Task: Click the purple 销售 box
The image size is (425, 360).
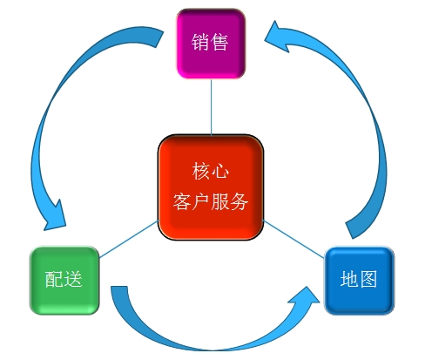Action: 211,44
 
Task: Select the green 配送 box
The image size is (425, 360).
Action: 64,281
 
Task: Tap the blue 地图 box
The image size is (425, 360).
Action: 359,281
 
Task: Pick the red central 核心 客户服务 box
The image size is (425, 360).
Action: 211,187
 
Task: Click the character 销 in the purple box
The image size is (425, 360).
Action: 200,42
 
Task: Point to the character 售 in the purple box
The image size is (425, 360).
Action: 219,42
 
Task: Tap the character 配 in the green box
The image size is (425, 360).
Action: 54,279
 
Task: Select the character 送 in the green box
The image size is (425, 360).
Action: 73,279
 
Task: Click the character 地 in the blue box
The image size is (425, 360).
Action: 349,279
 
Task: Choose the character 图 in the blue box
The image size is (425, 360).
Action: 368,279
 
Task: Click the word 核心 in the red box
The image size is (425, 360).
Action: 211,171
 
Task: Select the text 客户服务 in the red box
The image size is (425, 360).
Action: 211,201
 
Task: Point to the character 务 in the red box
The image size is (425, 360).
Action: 239,201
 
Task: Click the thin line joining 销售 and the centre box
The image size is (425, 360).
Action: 212,106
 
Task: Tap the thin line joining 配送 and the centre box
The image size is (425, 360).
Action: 129,239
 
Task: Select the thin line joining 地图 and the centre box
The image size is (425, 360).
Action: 293,239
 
